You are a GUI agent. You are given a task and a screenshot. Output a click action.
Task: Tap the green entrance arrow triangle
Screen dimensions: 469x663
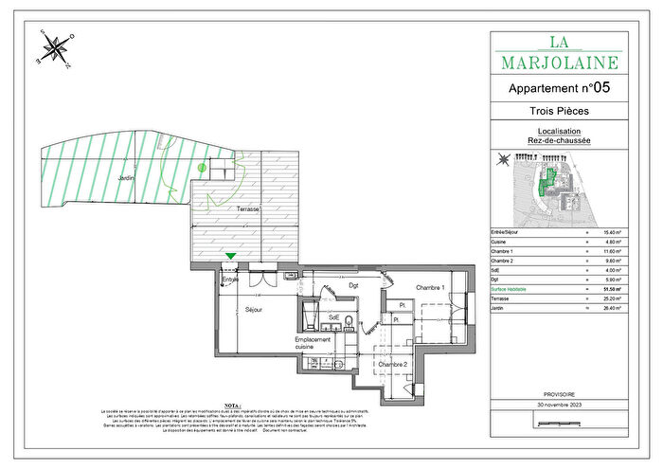click(230, 255)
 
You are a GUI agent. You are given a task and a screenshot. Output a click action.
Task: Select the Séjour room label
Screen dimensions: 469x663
click(252, 310)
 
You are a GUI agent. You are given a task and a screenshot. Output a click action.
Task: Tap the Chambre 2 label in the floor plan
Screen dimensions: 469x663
click(392, 364)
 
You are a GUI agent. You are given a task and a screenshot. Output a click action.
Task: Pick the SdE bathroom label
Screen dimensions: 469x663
click(333, 317)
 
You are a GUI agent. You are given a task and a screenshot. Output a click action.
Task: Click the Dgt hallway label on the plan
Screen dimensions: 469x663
click(353, 284)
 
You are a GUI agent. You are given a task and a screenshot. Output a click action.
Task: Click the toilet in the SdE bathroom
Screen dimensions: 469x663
click(349, 321)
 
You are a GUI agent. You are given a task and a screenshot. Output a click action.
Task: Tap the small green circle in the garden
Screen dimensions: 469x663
click(202, 168)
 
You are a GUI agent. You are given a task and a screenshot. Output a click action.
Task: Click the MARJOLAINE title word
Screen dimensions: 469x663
click(559, 63)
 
